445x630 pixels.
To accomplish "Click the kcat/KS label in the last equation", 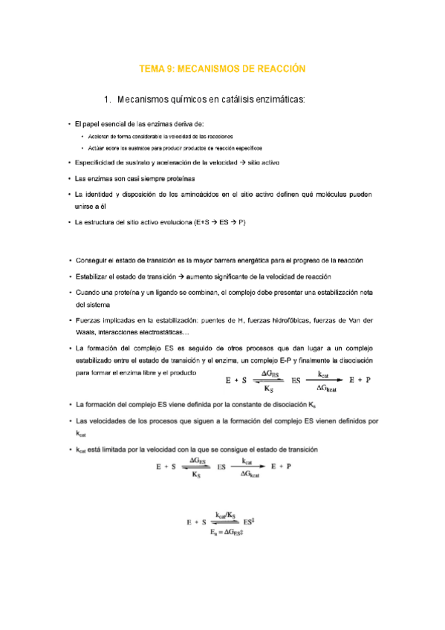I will click(226, 514).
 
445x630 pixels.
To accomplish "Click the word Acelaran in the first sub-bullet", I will click(100, 137).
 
